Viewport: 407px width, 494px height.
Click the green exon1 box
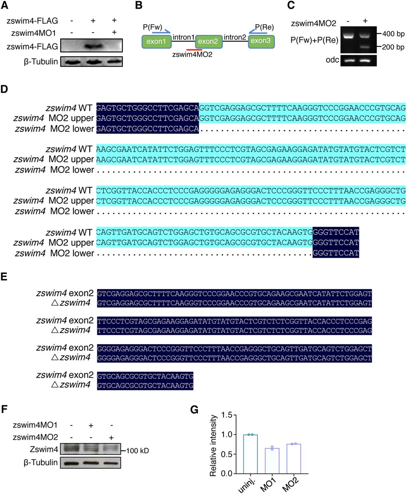coord(156,41)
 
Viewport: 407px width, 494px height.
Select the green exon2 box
coord(208,41)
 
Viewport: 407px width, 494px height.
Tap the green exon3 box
coord(261,41)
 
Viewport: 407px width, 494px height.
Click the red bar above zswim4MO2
coord(197,49)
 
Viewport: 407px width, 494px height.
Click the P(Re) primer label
coord(264,27)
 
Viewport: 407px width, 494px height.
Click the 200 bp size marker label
coord(393,47)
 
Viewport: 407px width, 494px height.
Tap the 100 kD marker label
coord(138,451)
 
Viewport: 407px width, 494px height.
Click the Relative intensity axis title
coord(213,445)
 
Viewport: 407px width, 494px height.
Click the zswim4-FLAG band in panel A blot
coord(93,46)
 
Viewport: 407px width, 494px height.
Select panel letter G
coord(195,409)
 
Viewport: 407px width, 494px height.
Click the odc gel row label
coord(332,60)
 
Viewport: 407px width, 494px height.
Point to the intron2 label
coord(235,37)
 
